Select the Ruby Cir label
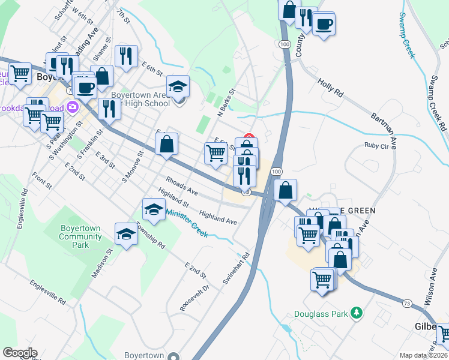click(376, 145)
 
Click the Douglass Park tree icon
click(357, 313)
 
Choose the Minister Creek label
click(187, 223)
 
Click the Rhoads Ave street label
click(182, 186)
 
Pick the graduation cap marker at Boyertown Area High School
click(177, 86)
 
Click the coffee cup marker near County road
click(324, 24)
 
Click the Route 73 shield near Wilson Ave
click(408, 304)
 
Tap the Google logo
click(20, 353)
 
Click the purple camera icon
click(73, 107)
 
